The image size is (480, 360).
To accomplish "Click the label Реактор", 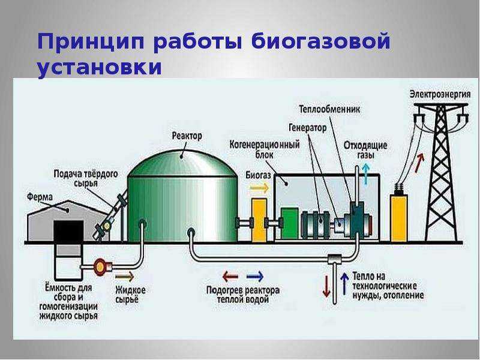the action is coord(187,136).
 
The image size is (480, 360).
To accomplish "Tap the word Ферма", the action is coord(40,197).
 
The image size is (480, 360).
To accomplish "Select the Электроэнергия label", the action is coord(440,94).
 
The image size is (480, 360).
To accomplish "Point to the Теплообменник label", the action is coord(329,109).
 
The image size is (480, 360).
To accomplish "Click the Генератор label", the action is coord(308,127).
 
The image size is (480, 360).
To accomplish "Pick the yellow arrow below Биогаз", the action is coord(259,188).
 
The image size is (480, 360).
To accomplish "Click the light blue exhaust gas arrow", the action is coord(365,174).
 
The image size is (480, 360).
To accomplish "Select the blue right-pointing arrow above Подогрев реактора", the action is coord(255,277).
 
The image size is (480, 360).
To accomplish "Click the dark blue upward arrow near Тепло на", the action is coord(344,283).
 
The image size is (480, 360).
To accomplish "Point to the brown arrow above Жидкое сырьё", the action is coord(125,277).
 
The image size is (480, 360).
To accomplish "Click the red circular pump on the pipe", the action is coord(100,266).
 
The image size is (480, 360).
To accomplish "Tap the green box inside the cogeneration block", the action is coord(290,223).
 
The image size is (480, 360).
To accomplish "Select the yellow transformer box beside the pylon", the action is coord(399,218).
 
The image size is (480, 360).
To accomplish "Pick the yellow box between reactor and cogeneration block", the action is coord(259,219).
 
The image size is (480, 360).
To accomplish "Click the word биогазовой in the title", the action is coord(272,41).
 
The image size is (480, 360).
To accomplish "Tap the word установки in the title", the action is coord(100,67).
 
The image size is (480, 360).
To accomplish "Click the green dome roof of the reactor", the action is coord(182,164).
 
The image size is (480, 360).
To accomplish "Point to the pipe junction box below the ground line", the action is coord(334,260).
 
